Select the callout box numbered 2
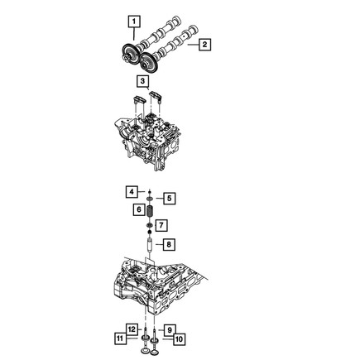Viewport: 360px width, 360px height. (204, 44)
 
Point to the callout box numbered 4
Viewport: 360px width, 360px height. (131, 191)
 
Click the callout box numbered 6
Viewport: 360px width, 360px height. (137, 210)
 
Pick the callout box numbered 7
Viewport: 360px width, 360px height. (161, 225)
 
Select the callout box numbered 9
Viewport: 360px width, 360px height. (170, 329)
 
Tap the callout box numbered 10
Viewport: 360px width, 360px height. (180, 338)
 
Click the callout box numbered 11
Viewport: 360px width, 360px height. (121, 338)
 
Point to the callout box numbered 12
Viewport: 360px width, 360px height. (131, 329)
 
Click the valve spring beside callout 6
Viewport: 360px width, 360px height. (150, 211)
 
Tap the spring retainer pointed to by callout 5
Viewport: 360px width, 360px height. (150, 199)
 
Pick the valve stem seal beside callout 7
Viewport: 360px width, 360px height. (149, 225)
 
